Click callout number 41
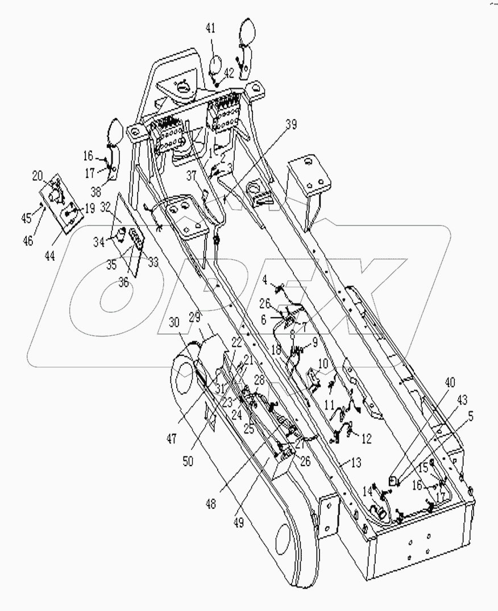click(x=211, y=30)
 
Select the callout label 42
click(x=228, y=72)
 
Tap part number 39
click(x=292, y=126)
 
